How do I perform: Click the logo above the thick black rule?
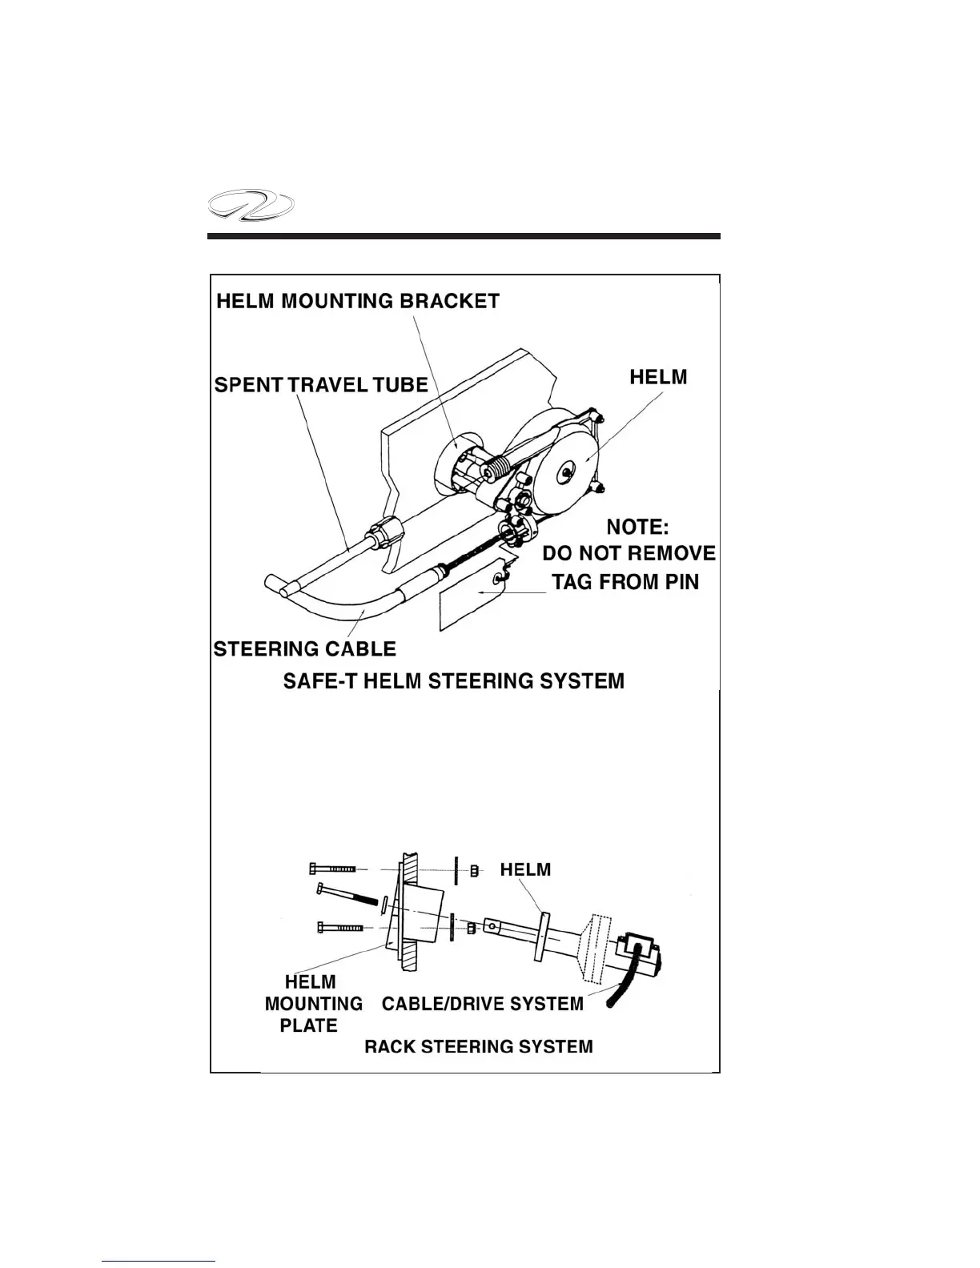pos(250,211)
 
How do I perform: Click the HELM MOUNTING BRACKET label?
pos(359,301)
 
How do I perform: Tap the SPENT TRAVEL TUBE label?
pos(321,385)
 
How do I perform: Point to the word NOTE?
pos(637,527)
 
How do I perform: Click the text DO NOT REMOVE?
pos(629,553)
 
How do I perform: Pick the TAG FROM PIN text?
pos(625,582)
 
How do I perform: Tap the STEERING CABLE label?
pos(304,648)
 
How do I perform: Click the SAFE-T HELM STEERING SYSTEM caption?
pos(453,681)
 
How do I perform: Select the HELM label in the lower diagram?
pos(525,869)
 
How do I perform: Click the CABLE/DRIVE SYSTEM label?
pos(483,1004)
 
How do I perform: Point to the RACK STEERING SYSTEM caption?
pos(478,1046)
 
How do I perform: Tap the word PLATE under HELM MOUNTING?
pos(308,1025)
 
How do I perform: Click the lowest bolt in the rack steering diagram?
pos(340,928)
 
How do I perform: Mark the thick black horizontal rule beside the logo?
pos(464,236)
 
